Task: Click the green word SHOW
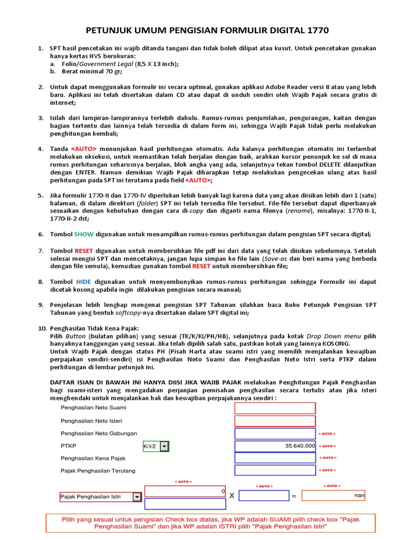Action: pyautogui.click(x=83, y=234)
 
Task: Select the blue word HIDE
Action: pyautogui.click(x=83, y=282)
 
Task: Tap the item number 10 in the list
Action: pyautogui.click(x=42, y=329)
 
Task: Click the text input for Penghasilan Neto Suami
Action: pyautogui.click(x=275, y=408)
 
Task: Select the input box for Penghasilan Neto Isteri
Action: pyautogui.click(x=275, y=421)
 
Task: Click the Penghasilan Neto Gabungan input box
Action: pyautogui.click(x=275, y=433)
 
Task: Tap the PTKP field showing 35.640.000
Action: pyautogui.click(x=275, y=446)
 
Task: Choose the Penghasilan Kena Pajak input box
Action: pyautogui.click(x=275, y=458)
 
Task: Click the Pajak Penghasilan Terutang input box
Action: pyautogui.click(x=275, y=470)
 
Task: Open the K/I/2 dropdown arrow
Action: pyautogui.click(x=165, y=447)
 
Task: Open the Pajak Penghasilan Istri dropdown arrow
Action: pyautogui.click(x=137, y=497)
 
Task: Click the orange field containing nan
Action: pyautogui.click(x=333, y=496)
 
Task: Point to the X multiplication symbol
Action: pyautogui.click(x=231, y=496)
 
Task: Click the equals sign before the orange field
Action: pyautogui.click(x=294, y=496)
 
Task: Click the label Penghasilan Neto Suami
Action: pyautogui.click(x=93, y=408)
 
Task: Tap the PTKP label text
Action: pyautogui.click(x=69, y=446)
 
